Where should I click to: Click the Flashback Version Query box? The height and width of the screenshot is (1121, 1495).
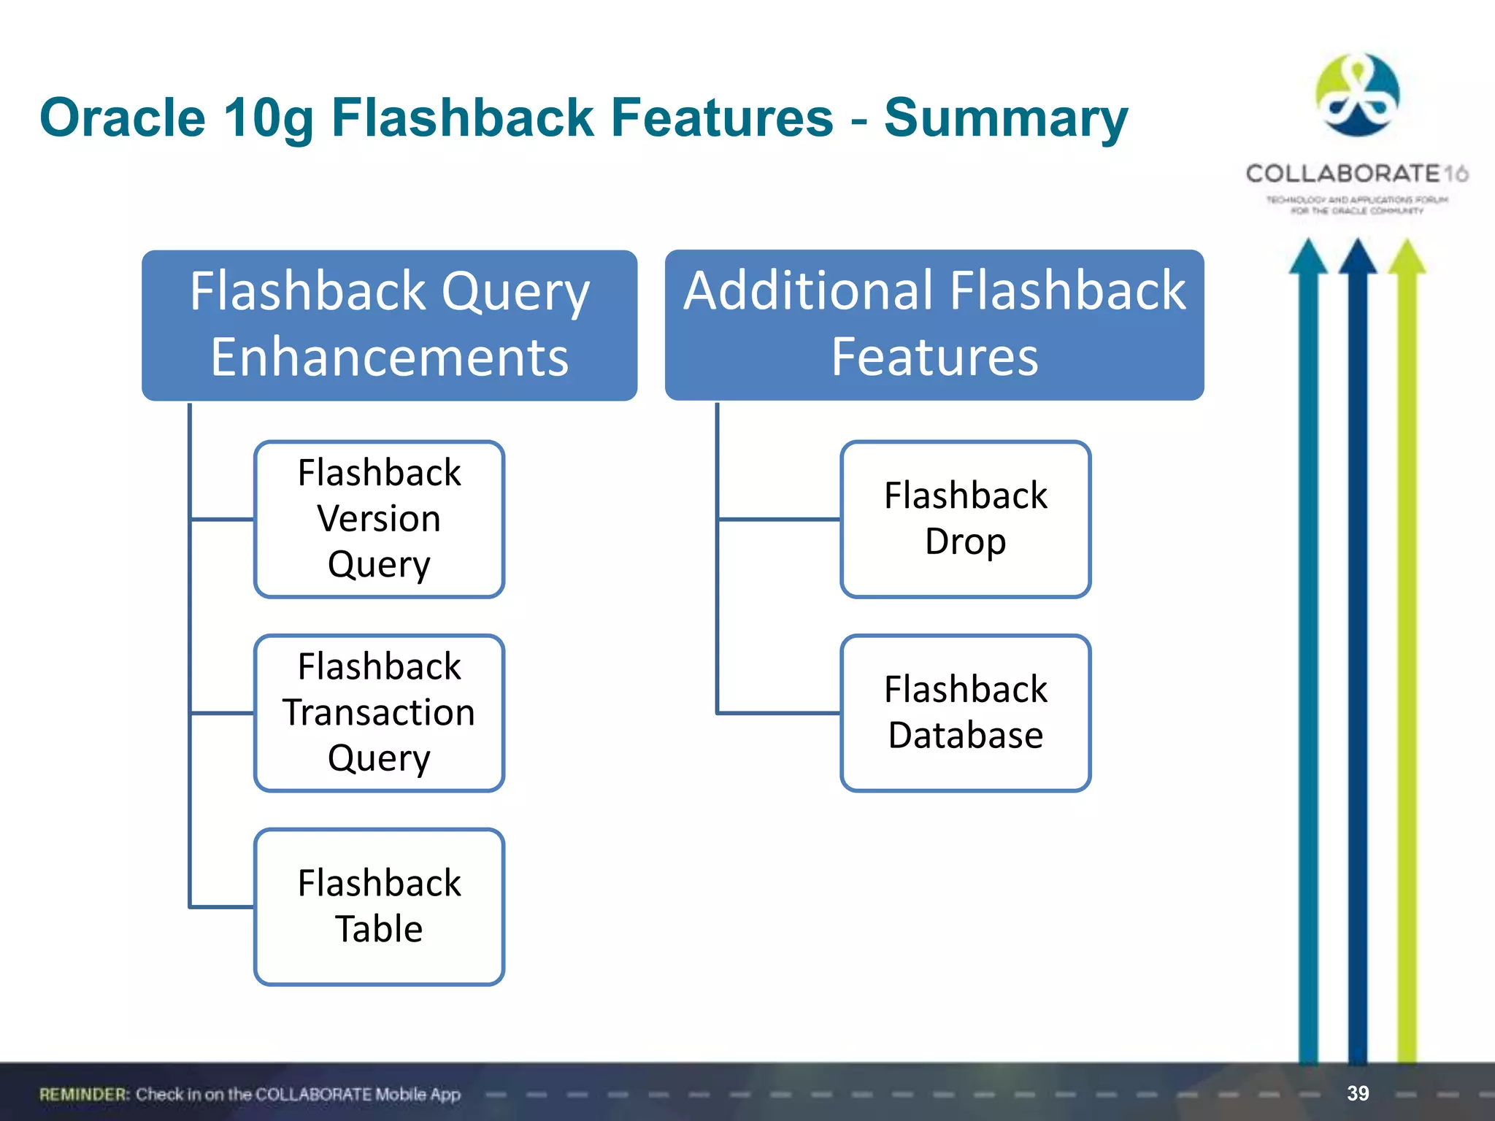point(379,519)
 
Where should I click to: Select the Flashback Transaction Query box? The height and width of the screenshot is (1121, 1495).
point(379,712)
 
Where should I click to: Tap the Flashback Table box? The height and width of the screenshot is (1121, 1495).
point(379,906)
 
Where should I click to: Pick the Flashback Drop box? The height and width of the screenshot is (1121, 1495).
point(965,519)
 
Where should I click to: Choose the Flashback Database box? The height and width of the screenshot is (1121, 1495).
point(965,712)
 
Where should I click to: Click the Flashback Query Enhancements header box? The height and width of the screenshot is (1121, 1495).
point(389,325)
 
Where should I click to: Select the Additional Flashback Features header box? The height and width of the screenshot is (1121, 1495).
point(934,325)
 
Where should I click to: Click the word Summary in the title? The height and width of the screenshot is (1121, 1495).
point(1006,118)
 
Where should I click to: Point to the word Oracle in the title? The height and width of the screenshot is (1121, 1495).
point(123,118)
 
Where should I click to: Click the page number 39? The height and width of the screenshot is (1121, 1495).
point(1358,1093)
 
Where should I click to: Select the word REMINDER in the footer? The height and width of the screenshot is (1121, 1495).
point(84,1094)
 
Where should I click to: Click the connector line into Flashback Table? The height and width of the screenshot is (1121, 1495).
point(222,907)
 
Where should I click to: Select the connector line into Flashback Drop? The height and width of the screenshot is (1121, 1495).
point(778,520)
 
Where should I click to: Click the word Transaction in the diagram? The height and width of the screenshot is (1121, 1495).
point(379,712)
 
